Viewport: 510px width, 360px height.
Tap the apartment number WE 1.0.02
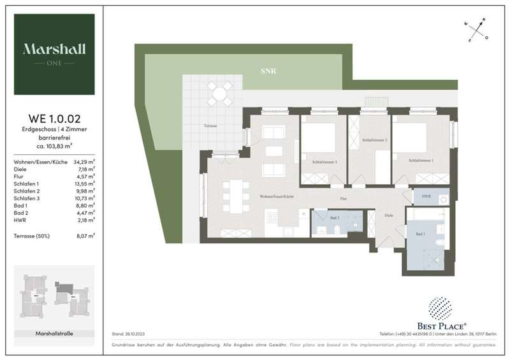[54, 118]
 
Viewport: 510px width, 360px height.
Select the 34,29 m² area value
[85, 162]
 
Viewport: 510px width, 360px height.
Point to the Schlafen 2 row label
[25, 190]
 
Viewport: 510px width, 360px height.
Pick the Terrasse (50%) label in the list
[30, 236]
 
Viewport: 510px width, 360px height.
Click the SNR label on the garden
[268, 71]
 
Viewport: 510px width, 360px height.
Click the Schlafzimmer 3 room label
[324, 162]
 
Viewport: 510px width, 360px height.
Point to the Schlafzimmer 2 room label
[375, 140]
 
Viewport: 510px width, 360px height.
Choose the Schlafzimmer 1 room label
[422, 161]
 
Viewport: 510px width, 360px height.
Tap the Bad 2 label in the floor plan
[335, 218]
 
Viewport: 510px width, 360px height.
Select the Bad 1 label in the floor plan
[420, 234]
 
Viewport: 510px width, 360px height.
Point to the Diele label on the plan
[389, 215]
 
